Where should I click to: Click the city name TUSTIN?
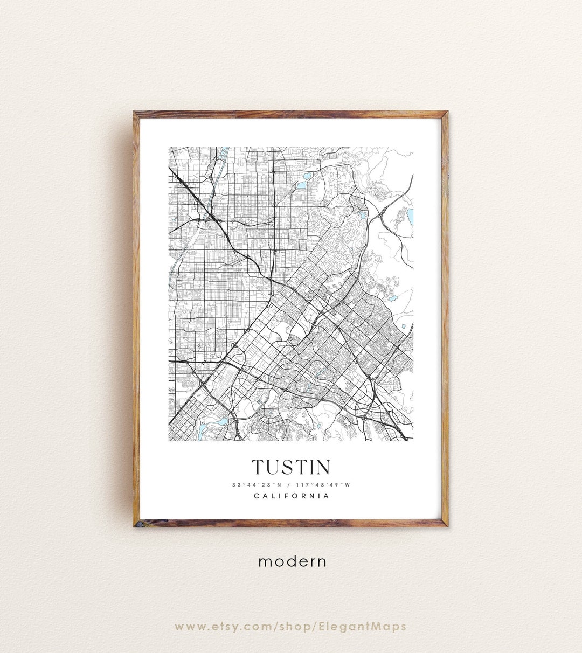tap(291, 467)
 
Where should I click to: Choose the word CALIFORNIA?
tap(291, 496)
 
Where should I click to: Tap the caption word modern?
tap(292, 561)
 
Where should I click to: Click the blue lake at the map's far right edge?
tap(411, 216)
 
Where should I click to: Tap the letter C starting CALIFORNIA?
tap(257, 496)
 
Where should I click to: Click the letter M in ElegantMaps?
tap(372, 626)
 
